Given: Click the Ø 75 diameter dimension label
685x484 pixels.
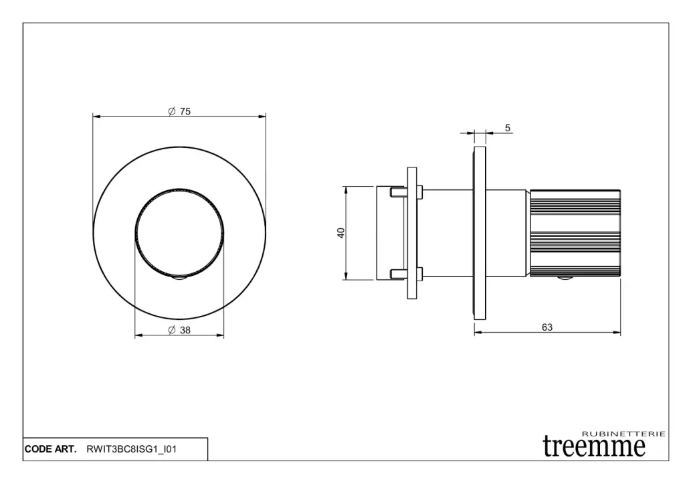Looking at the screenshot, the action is [x=179, y=112].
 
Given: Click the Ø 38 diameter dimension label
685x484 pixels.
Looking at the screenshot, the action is [x=179, y=330].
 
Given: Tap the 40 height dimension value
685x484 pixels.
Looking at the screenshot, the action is [x=340, y=232].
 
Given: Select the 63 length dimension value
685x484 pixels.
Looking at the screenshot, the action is [x=547, y=327].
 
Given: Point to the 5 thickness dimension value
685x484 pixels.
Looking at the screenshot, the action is [x=507, y=128].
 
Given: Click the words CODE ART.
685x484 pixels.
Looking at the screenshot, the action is [x=50, y=449].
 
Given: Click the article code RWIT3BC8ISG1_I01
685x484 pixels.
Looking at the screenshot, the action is [x=132, y=449].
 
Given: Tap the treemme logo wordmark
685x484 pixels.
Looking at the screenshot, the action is [x=594, y=447].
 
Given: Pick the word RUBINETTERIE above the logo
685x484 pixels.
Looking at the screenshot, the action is [x=624, y=434].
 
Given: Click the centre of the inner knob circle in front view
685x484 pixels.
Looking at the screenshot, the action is [x=179, y=233].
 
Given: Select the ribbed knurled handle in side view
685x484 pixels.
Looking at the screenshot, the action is [x=575, y=233].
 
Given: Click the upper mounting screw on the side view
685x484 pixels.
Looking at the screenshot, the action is [x=406, y=191].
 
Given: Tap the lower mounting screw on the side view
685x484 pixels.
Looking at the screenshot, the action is [x=406, y=274].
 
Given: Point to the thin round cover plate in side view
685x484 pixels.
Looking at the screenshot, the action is [x=480, y=233].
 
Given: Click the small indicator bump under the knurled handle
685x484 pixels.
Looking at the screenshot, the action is [x=565, y=278].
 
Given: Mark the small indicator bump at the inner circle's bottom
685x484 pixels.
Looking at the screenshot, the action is [x=179, y=278].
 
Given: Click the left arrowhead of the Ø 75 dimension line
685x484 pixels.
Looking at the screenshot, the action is [x=96, y=116].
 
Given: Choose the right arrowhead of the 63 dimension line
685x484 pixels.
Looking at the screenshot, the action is [x=617, y=332].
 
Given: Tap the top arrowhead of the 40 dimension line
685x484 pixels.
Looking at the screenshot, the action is [x=346, y=190].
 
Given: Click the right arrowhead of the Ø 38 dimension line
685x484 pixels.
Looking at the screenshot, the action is [x=220, y=335].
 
